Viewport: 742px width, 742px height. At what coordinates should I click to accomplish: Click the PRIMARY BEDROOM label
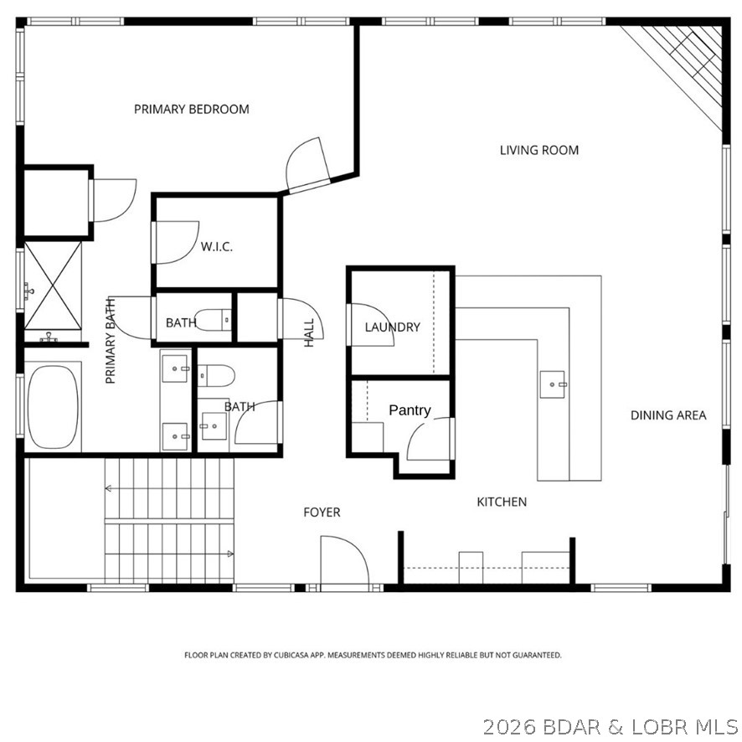pos(192,109)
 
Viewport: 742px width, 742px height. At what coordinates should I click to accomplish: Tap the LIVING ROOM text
pos(539,151)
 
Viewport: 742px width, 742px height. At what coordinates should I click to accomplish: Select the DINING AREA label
pos(668,415)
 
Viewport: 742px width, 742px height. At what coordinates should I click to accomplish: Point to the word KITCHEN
pos(502,502)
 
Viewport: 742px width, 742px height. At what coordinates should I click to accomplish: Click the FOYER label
pos(322,512)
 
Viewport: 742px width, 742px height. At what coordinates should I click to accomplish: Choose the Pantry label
pos(410,410)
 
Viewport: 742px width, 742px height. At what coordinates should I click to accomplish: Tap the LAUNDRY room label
pos(392,327)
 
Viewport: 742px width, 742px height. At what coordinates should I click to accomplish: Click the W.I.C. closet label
pos(216,247)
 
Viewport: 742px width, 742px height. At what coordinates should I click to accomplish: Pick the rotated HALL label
pos(309,332)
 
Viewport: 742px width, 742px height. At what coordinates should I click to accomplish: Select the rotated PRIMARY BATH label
pos(110,341)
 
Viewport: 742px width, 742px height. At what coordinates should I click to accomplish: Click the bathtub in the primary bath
pos(54,408)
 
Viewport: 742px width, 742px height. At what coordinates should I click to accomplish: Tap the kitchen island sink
pos(554,384)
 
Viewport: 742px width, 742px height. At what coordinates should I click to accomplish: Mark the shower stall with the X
pos(52,286)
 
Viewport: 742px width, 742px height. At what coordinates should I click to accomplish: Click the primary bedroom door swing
pos(306,166)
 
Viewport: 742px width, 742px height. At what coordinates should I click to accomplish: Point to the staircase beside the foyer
pos(167,520)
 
